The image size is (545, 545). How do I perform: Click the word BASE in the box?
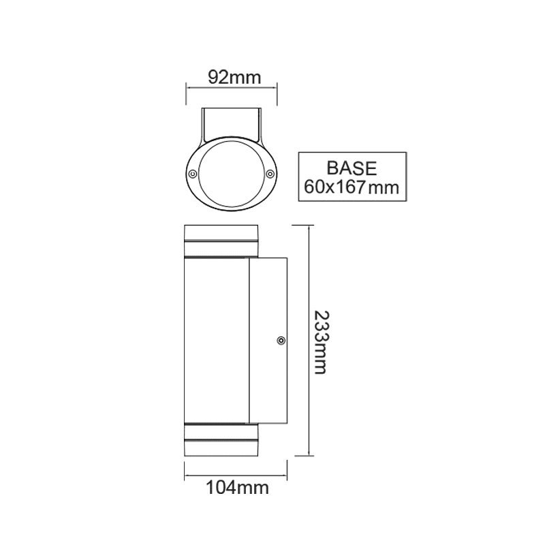pos(352,168)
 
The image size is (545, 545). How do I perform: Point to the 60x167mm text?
pos(352,187)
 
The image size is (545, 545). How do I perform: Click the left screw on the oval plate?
pos(193,174)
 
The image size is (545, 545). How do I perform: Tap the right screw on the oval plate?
pos(270,174)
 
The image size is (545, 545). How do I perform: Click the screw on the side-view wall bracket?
pos(279,340)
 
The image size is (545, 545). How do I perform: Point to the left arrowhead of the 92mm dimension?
pos(189,87)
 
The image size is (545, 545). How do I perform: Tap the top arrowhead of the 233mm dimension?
pos(310,228)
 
